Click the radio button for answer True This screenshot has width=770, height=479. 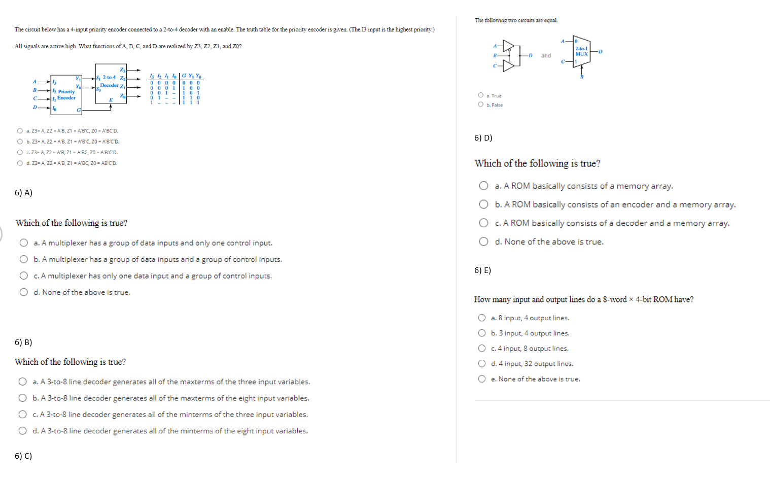coord(480,95)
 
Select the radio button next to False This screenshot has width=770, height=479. coord(480,105)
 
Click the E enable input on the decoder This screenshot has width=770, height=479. coord(111,100)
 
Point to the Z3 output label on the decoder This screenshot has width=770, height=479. coord(122,70)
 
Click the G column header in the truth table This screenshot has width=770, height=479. coord(184,76)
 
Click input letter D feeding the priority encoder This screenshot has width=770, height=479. coord(34,107)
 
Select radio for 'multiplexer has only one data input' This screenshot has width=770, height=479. coord(24,276)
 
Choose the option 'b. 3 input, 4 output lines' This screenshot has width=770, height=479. coord(482,333)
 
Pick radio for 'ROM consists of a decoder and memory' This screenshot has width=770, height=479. coord(484,223)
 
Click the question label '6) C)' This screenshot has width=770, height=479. coord(23,456)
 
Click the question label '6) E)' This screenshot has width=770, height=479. coord(482,270)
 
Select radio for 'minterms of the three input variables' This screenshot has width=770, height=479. coord(23,414)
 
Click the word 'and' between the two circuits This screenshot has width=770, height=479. coord(546,56)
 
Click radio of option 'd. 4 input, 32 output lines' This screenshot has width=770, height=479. coord(482,363)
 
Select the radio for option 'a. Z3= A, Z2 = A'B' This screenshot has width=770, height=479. coord(20,130)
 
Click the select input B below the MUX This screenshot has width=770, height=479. coord(582,77)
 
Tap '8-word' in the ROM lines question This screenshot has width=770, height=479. coord(615,299)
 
